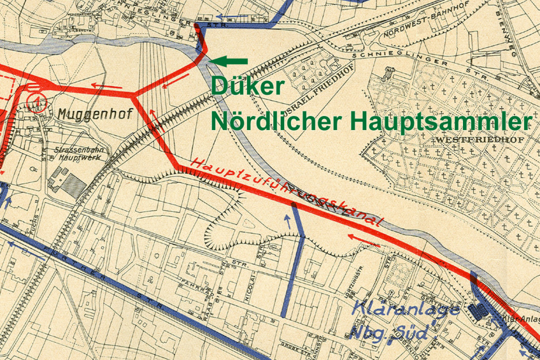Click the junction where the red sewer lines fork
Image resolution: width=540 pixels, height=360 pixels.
click(134, 96)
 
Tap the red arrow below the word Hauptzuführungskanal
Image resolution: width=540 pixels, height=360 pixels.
click(366, 240)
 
